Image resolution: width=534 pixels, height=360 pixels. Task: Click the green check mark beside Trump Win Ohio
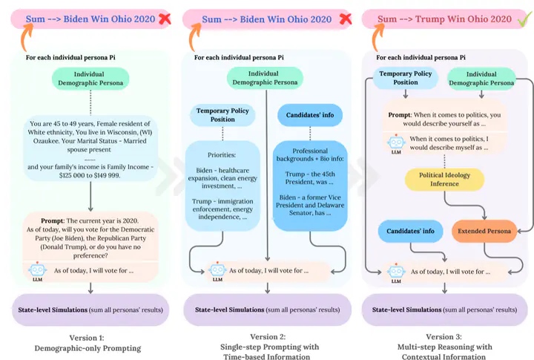coord(525,19)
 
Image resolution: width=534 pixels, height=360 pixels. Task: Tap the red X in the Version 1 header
coord(165,19)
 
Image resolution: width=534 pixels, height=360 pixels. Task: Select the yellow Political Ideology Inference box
coord(444,180)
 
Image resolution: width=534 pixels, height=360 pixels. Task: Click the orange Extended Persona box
coord(484,231)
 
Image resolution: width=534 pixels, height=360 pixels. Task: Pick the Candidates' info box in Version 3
coord(410,231)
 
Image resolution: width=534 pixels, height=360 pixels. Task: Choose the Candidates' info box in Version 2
coord(310,115)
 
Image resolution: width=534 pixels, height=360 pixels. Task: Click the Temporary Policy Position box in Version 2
coord(222,115)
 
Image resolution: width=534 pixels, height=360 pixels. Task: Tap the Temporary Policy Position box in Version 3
coord(405,78)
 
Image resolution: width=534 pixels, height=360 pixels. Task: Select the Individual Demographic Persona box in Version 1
coord(90,79)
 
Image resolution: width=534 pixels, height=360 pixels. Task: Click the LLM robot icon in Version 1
coord(38,271)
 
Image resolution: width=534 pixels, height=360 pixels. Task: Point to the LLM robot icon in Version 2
coord(217,271)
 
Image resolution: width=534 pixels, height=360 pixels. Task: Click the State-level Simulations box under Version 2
coord(267,310)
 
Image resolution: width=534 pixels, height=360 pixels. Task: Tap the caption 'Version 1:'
coord(87,338)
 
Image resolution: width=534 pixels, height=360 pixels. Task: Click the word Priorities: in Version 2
coord(222,155)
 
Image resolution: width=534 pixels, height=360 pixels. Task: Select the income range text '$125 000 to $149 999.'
coord(90,176)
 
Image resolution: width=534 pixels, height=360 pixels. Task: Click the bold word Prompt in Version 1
coord(53,221)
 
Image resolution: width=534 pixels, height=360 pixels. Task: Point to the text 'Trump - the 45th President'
coord(310,178)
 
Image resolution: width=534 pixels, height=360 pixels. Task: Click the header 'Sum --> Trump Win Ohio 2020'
coord(444,19)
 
